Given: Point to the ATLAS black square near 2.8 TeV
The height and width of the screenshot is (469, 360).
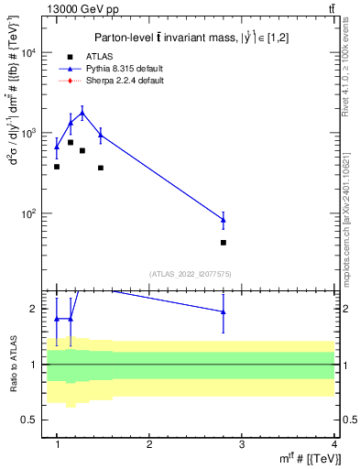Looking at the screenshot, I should pos(224,243).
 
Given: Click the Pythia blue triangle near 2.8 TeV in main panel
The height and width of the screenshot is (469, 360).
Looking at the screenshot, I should pos(224,219).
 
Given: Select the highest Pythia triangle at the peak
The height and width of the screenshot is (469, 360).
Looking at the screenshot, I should pos(82,113).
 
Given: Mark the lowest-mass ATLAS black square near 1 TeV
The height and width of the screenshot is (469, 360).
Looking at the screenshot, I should pos(57,167).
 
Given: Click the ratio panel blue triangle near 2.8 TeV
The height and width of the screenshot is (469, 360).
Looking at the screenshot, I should pos(224,311).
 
